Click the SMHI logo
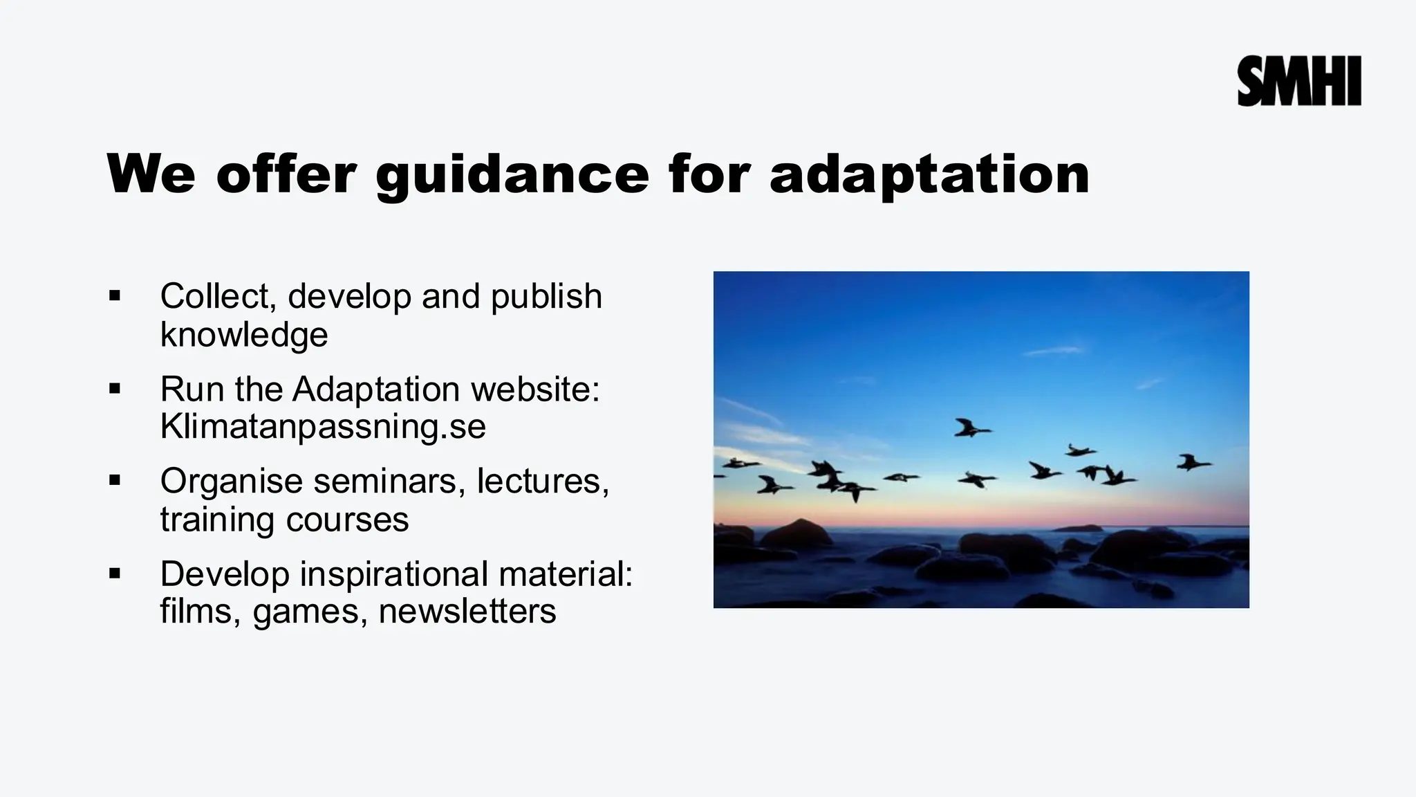click(1299, 81)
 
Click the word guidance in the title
click(512, 174)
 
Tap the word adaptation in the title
click(929, 174)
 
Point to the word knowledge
click(243, 335)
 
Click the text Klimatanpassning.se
click(323, 426)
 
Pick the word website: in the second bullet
click(535, 389)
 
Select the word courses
click(347, 520)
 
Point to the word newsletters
click(467, 612)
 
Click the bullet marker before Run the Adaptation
click(115, 389)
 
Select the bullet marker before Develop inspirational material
click(115, 574)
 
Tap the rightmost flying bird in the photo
click(1193, 462)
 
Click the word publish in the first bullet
click(546, 297)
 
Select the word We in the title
click(151, 174)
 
